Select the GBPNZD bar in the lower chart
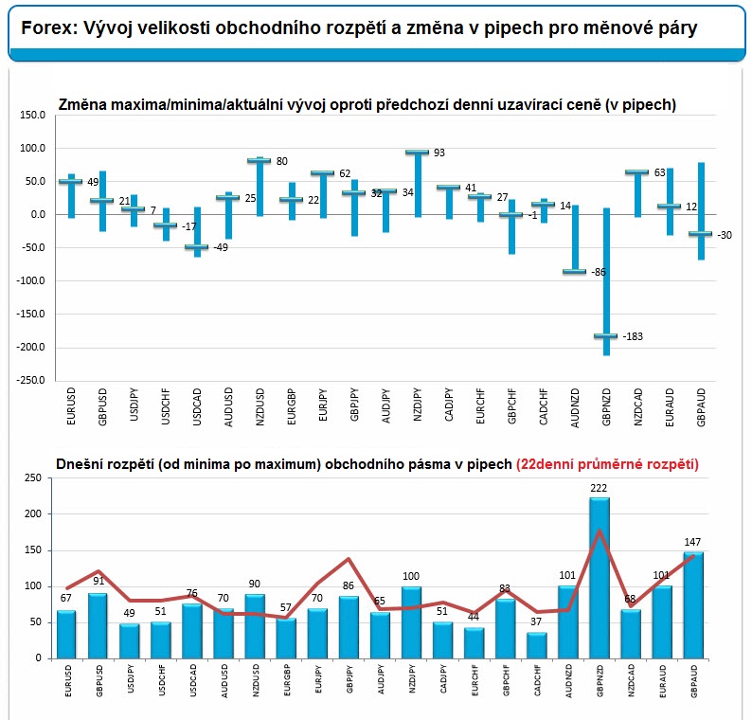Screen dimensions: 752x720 click(x=600, y=578)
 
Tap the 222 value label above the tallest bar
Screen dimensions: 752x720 click(x=599, y=488)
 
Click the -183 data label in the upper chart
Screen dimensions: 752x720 click(x=633, y=336)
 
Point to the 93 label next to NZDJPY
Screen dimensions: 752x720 click(x=439, y=153)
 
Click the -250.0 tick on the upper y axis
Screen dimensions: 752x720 click(x=30, y=380)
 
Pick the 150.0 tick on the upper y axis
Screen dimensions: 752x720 click(x=32, y=115)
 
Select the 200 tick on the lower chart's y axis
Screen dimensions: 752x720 click(x=33, y=513)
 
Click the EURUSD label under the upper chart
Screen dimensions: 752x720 click(x=71, y=405)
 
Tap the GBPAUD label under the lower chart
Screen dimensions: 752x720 click(x=694, y=680)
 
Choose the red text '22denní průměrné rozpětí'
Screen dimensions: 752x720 click(x=607, y=464)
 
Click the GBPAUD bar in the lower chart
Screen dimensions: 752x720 click(x=693, y=604)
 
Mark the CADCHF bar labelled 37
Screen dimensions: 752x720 click(x=537, y=645)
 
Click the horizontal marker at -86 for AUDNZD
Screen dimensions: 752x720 click(x=575, y=272)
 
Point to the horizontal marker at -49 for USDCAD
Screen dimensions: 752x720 click(x=197, y=247)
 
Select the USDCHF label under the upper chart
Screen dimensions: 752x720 click(x=166, y=406)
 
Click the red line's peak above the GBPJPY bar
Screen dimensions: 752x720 click(x=349, y=558)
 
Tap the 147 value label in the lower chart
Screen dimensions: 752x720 click(x=692, y=542)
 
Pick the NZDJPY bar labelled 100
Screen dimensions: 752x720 click(x=411, y=622)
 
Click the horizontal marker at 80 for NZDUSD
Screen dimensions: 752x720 click(x=260, y=160)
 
